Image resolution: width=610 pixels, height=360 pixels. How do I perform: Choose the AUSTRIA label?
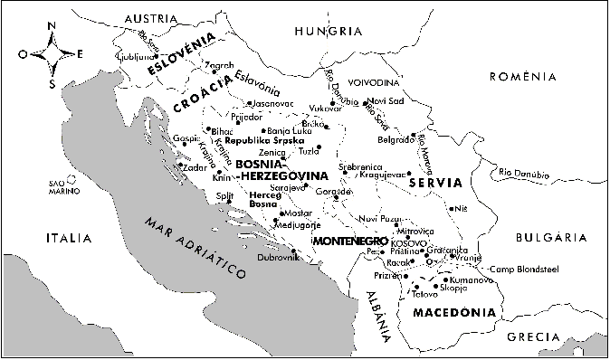[151, 17]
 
